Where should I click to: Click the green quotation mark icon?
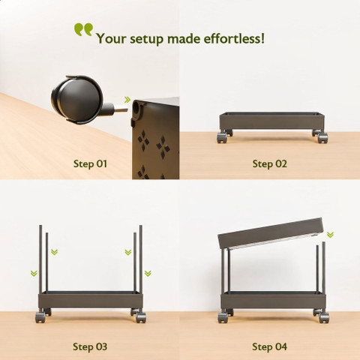pyautogui.click(x=83, y=29)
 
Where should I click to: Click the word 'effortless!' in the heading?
pyautogui.click(x=234, y=38)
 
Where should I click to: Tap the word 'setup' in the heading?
pyautogui.click(x=146, y=39)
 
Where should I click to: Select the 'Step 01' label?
pyautogui.click(x=90, y=164)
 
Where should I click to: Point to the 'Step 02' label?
pyautogui.click(x=269, y=164)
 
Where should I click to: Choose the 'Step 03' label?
pyautogui.click(x=90, y=346)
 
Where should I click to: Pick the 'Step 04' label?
pyautogui.click(x=269, y=346)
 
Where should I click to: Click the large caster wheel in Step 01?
pyautogui.click(x=77, y=100)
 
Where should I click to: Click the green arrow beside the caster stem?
pyautogui.click(x=127, y=100)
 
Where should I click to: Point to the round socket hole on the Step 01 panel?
pyautogui.click(x=136, y=107)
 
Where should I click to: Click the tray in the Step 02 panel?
pyautogui.click(x=271, y=121)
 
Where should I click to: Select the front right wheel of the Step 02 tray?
pyautogui.click(x=323, y=138)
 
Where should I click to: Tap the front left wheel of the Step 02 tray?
pyautogui.click(x=222, y=138)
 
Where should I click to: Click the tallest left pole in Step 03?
pyautogui.click(x=40, y=259)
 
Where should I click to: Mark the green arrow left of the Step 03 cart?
pyautogui.click(x=34, y=273)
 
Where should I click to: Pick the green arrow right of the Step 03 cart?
pyautogui.click(x=148, y=273)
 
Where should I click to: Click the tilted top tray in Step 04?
pyautogui.click(x=271, y=233)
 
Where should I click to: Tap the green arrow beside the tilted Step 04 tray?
pyautogui.click(x=330, y=235)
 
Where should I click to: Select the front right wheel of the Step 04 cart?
pyautogui.click(x=324, y=317)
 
